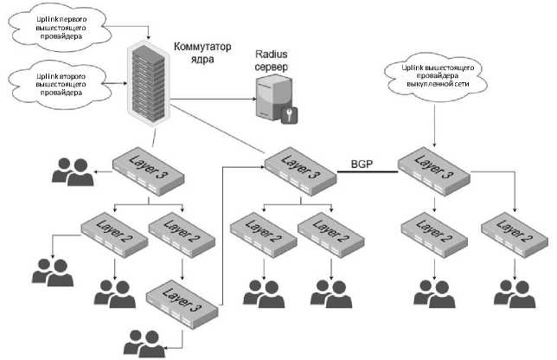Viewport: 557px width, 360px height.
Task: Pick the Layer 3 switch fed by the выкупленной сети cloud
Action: tap(432, 167)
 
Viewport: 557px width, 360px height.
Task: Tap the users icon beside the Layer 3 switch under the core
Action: tap(73, 173)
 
